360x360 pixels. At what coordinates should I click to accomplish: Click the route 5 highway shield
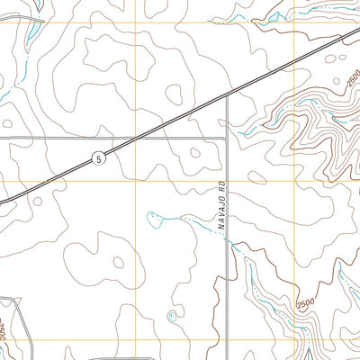coord(98,158)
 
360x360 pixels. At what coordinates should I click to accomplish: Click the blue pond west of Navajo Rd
coord(156,215)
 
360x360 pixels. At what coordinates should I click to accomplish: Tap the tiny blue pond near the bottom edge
coord(172,316)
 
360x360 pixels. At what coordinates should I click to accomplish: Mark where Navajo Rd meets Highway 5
coord(225,98)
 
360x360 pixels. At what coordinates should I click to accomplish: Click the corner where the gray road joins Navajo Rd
coord(225,139)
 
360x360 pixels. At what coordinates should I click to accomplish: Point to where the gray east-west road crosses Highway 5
coord(144,139)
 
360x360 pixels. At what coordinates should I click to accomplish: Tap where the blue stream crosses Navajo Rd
coord(225,238)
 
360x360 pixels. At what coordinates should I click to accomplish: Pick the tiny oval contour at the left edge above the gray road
coord(7,122)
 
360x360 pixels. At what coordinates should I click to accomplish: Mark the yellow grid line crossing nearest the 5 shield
coord(135,180)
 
